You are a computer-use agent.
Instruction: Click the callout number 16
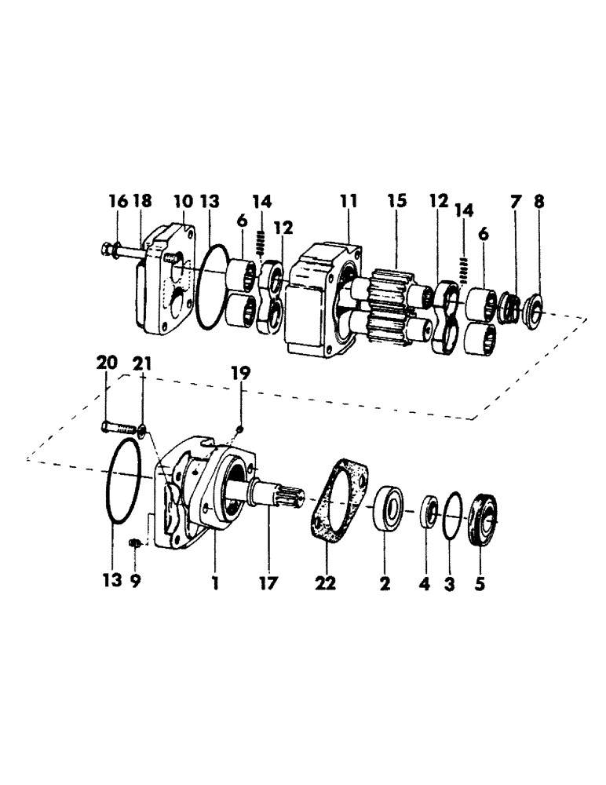pos(117,203)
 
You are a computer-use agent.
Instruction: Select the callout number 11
pos(348,203)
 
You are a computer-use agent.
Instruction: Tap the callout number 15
pos(396,203)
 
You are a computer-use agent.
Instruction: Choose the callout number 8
pos(539,203)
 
